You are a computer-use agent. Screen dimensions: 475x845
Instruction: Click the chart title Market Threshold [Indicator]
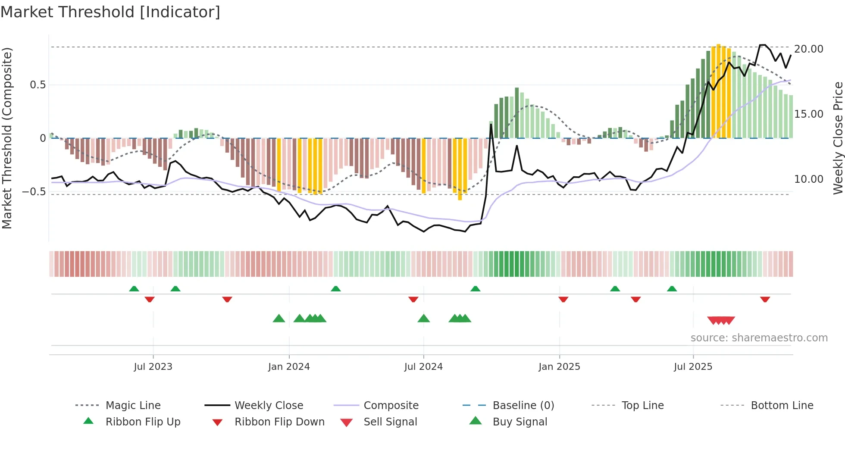coord(110,12)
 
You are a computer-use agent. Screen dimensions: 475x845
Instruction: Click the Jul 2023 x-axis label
coord(153,367)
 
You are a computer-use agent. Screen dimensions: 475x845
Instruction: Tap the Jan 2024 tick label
coord(289,367)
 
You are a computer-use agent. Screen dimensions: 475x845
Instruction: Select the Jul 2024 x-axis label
coord(423,367)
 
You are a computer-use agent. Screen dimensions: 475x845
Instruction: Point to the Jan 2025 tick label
coord(559,367)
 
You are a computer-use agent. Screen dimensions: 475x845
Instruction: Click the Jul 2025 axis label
coord(693,367)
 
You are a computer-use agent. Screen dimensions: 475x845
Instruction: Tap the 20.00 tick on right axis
coord(808,49)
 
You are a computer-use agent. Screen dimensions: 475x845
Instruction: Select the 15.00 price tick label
coord(808,114)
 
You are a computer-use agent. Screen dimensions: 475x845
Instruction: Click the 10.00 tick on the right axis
coord(808,179)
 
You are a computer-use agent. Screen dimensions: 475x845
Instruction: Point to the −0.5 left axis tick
coord(34,191)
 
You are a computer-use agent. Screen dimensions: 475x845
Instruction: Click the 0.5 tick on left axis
coord(38,85)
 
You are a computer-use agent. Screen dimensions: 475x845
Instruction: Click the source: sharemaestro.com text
coord(759,338)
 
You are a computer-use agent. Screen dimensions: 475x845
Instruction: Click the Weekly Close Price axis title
coord(838,138)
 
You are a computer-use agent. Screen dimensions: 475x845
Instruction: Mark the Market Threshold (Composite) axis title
coord(7,138)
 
